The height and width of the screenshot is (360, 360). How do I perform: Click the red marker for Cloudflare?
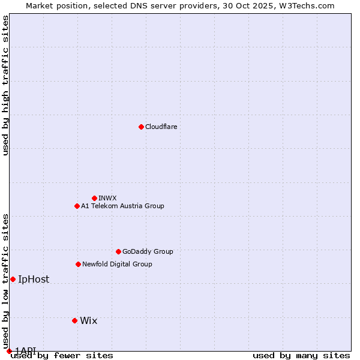pyautogui.click(x=141, y=127)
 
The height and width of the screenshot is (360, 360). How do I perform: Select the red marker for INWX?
pyautogui.click(x=94, y=198)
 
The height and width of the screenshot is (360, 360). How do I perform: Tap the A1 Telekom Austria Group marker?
pyautogui.click(x=77, y=206)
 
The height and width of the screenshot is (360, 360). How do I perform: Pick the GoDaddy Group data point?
pyautogui.click(x=118, y=251)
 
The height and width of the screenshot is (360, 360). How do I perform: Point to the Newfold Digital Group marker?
pyautogui.click(x=78, y=264)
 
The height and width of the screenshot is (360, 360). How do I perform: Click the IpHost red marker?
pyautogui.click(x=13, y=279)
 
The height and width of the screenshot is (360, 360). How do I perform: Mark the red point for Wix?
pyautogui.click(x=74, y=320)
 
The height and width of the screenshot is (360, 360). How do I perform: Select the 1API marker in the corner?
pyautogui.click(x=9, y=351)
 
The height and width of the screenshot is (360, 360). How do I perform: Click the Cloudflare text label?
pyautogui.click(x=161, y=127)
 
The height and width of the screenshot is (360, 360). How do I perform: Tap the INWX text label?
pyautogui.click(x=107, y=198)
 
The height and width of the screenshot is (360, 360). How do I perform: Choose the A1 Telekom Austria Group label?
pyautogui.click(x=122, y=206)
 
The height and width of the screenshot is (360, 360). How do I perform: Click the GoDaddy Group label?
pyautogui.click(x=148, y=251)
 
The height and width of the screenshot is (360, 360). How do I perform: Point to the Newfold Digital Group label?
pyautogui.click(x=117, y=264)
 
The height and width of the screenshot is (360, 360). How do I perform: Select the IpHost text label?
pyautogui.click(x=34, y=279)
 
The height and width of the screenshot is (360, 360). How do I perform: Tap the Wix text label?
pyautogui.click(x=88, y=320)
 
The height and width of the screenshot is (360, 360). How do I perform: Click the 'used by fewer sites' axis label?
pyautogui.click(x=62, y=355)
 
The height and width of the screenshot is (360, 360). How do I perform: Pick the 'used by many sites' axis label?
pyautogui.click(x=301, y=355)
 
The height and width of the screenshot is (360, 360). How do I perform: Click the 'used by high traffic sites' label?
pyautogui.click(x=5, y=85)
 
